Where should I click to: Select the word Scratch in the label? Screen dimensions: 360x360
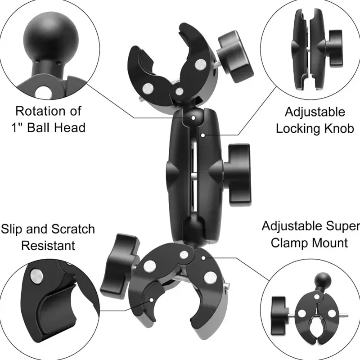(68, 229)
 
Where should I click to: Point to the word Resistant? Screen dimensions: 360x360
(48, 246)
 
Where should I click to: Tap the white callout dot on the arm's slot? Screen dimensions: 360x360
(204, 134)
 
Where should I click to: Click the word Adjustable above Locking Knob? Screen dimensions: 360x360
(315, 112)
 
